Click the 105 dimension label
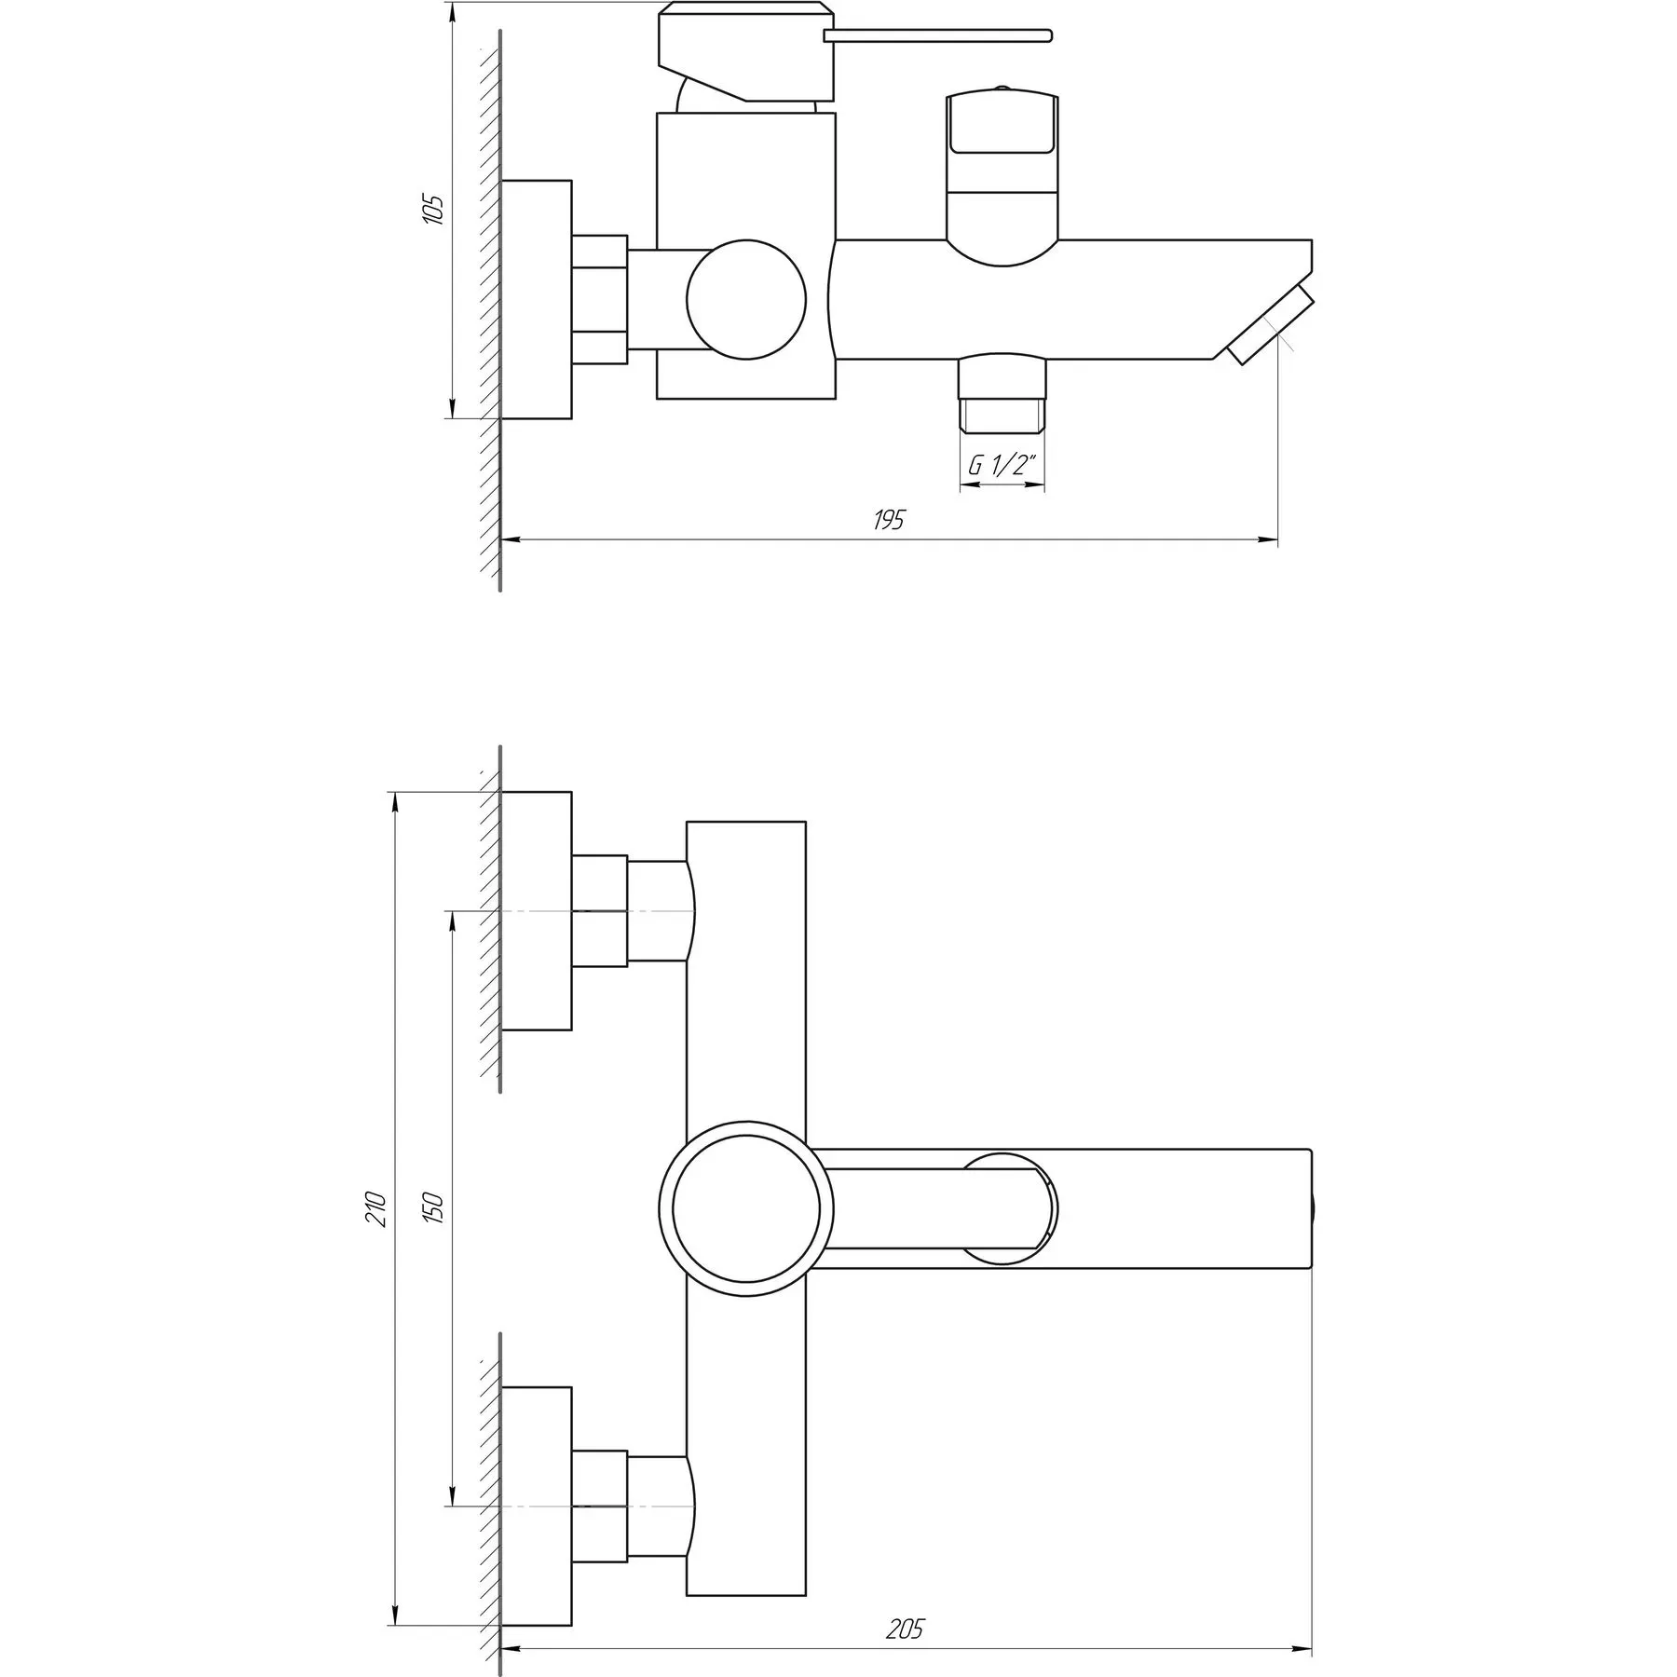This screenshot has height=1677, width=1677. pyautogui.click(x=433, y=210)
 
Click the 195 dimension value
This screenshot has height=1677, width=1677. pyautogui.click(x=889, y=520)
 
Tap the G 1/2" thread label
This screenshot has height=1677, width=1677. pyautogui.click(x=1002, y=467)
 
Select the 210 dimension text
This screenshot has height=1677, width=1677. pyautogui.click(x=375, y=1208)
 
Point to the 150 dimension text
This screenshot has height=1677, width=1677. pyautogui.click(x=433, y=1208)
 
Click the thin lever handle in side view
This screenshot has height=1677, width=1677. pyautogui.click(x=937, y=36)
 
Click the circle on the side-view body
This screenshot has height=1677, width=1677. pyautogui.click(x=745, y=299)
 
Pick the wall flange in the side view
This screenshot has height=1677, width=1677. pyautogui.click(x=536, y=299)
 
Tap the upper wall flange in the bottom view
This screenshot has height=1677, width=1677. pyautogui.click(x=536, y=910)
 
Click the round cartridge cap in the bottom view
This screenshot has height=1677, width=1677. pyautogui.click(x=745, y=1208)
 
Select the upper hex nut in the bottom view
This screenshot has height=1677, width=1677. pyautogui.click(x=599, y=910)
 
